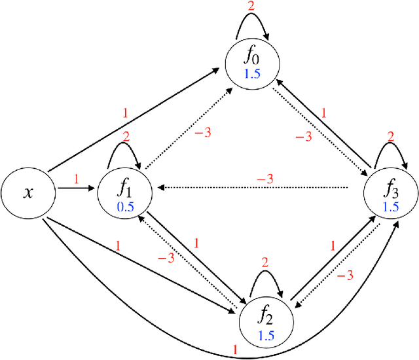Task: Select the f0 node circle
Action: [x=252, y=62]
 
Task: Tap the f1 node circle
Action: [x=124, y=192]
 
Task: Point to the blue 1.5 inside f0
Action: [x=252, y=74]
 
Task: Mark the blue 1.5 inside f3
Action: [x=391, y=206]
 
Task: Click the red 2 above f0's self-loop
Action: [x=251, y=7]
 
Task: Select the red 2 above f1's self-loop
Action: [x=126, y=137]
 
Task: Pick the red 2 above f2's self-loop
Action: [x=265, y=262]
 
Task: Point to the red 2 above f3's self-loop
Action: [x=391, y=137]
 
